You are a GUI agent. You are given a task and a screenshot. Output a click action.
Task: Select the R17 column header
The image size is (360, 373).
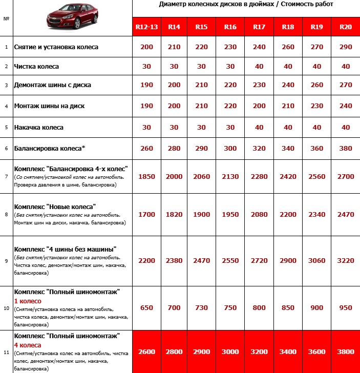259,27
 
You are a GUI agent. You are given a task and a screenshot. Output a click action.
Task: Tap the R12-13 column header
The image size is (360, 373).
146,27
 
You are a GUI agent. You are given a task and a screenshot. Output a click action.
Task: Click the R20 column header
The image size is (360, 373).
346,27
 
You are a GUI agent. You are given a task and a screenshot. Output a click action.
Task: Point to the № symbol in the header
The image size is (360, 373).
6,18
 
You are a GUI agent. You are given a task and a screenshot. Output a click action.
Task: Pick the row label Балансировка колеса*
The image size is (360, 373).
50,148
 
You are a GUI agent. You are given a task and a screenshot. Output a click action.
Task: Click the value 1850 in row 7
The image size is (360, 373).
146,176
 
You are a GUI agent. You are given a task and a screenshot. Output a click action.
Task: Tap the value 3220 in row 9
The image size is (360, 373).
346,260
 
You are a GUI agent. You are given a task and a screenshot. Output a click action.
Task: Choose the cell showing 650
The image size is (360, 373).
146,307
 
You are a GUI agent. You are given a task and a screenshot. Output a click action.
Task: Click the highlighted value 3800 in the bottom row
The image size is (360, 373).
346,353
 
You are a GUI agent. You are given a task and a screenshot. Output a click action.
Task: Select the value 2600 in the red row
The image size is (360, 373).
146,353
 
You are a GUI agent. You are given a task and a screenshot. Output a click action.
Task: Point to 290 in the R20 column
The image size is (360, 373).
346,47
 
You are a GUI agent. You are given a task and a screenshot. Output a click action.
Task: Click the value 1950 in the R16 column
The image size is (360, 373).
230,214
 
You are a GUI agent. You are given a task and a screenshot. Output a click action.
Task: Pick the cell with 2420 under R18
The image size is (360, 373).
288,176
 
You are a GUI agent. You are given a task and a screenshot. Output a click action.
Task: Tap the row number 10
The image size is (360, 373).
6,308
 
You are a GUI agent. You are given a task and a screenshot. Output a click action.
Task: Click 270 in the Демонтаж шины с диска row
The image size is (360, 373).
346,85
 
